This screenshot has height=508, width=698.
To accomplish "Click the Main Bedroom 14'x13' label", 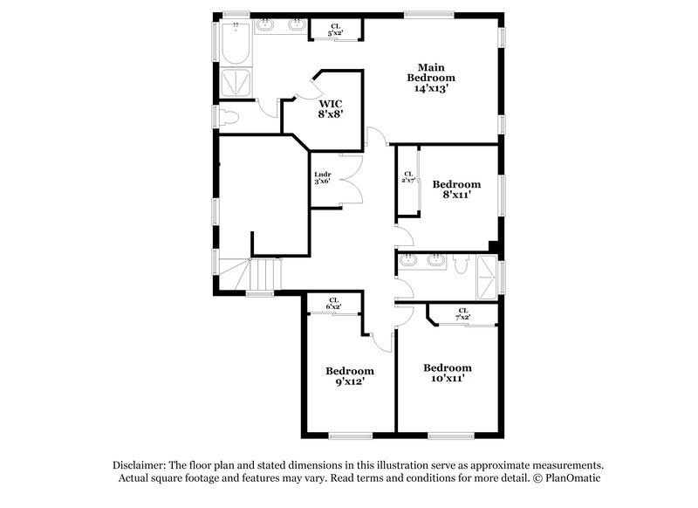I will click(x=431, y=78).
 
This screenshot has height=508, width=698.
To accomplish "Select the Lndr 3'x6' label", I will click(x=323, y=179).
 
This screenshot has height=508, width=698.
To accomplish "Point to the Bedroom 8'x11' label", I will click(x=456, y=189).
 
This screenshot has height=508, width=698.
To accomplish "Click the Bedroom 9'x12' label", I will click(x=350, y=375).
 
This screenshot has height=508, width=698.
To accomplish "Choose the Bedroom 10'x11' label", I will click(x=447, y=373).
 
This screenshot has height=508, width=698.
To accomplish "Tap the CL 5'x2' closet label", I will click(x=336, y=30).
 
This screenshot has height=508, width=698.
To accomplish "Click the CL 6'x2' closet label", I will click(x=333, y=303).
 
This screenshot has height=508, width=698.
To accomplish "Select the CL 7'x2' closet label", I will click(x=462, y=313).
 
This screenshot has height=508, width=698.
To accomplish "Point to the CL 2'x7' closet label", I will click(x=407, y=177).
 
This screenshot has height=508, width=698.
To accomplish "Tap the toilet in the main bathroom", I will click(x=229, y=117).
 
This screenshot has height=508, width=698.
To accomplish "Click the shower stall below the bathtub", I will click(x=234, y=83).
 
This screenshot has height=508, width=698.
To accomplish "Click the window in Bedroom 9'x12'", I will click(x=350, y=436).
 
